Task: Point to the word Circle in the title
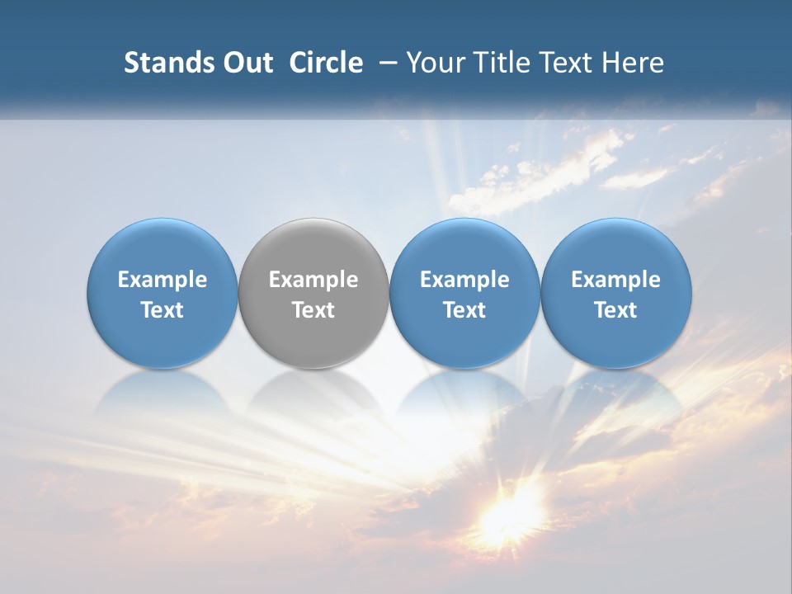pyautogui.click(x=326, y=63)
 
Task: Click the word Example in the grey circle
pyautogui.click(x=313, y=280)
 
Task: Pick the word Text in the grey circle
pyautogui.click(x=313, y=310)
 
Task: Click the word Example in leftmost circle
pyautogui.click(x=163, y=280)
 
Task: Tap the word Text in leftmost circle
pyautogui.click(x=163, y=310)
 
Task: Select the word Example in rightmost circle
pyautogui.click(x=616, y=280)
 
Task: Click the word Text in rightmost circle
pyautogui.click(x=616, y=310)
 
